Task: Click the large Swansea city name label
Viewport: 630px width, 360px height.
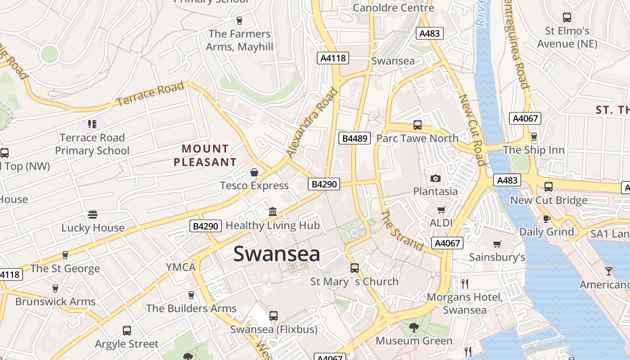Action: click(277, 254)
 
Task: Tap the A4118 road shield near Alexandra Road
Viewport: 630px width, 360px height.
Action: click(333, 58)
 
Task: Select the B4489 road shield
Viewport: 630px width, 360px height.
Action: click(355, 138)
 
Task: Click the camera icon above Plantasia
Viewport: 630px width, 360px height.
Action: click(435, 178)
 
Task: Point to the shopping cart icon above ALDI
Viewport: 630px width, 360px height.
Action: click(441, 210)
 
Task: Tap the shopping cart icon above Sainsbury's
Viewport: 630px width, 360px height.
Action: click(497, 244)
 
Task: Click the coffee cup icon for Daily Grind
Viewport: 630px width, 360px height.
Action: click(547, 219)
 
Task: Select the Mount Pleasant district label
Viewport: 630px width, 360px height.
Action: click(205, 155)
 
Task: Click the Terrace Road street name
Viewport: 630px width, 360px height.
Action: click(150, 94)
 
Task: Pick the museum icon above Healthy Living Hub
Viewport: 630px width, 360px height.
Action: click(273, 211)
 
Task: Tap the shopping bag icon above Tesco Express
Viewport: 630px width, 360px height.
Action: click(254, 172)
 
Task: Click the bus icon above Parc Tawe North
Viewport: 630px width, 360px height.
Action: click(417, 125)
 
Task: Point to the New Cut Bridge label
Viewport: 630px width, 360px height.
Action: click(549, 200)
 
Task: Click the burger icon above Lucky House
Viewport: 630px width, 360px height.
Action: click(93, 215)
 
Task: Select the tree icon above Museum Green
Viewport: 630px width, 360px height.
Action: click(414, 328)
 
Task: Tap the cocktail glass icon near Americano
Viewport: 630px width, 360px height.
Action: click(609, 271)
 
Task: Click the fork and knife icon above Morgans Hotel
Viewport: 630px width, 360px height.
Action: click(465, 283)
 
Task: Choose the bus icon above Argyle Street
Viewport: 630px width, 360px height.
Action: click(127, 331)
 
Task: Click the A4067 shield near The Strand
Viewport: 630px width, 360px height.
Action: click(447, 243)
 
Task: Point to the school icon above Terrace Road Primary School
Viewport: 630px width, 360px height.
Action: click(92, 124)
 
